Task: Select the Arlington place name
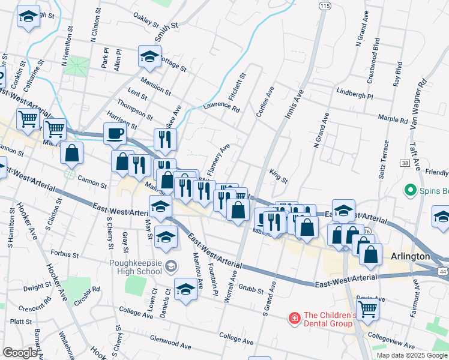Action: pos(410,256)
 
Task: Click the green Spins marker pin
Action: pos(411,190)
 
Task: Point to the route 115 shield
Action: pos(325,5)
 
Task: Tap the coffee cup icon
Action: pos(114,133)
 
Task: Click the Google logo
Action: pos(20,352)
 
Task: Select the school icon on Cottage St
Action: pos(148,56)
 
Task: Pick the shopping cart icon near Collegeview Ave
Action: pos(367,308)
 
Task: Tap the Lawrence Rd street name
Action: pos(221,108)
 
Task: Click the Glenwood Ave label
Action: pos(170,343)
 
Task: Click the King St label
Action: pos(279,176)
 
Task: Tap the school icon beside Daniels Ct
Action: pos(185,289)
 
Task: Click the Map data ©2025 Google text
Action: pos(412,355)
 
